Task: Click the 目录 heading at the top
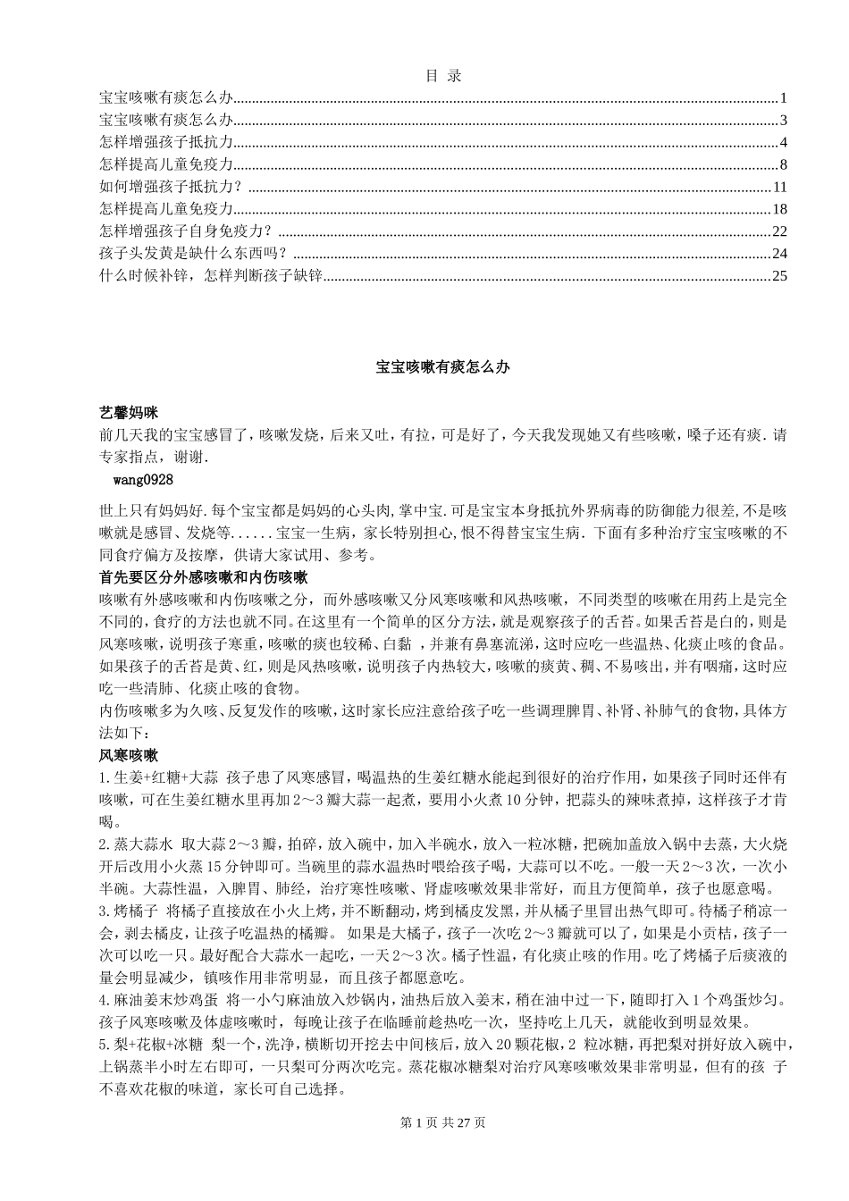[443, 76]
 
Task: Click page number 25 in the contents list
[778, 275]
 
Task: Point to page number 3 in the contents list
[782, 120]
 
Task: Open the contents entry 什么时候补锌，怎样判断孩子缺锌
[210, 275]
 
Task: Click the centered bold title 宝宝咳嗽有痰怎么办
[442, 367]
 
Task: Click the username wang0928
[144, 480]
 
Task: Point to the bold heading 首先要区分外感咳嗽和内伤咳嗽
[203, 578]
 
